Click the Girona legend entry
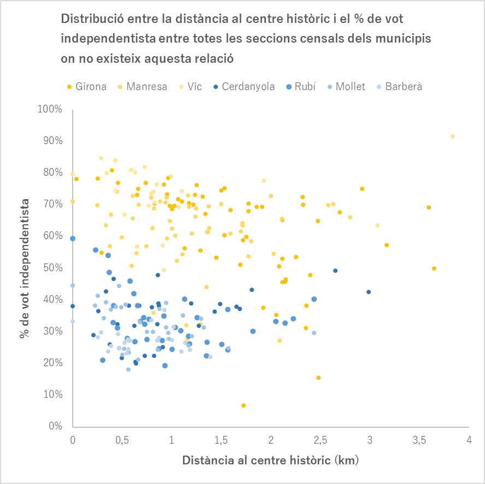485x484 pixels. click(91, 87)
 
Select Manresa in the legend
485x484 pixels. click(146, 87)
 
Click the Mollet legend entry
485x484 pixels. click(350, 87)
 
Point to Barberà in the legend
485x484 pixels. click(403, 87)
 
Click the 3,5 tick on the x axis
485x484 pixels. click(419, 440)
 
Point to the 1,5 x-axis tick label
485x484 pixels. click(221, 440)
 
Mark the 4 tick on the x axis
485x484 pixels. click(469, 440)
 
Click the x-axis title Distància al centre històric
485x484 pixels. click(270, 460)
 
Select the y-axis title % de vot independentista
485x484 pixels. click(25, 267)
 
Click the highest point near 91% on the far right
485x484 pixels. click(453, 136)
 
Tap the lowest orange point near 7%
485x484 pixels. click(244, 405)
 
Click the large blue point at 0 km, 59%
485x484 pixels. click(73, 238)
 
